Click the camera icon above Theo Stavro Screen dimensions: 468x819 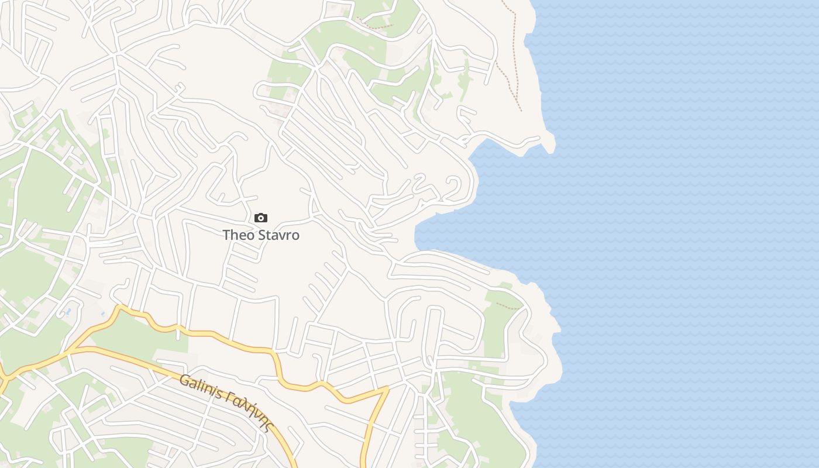pyautogui.click(x=261, y=218)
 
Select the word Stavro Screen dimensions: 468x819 pyautogui.click(x=278, y=235)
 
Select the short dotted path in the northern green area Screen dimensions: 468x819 pyautogui.click(x=374, y=25)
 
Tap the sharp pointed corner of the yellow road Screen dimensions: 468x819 pyautogui.click(x=387, y=388)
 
